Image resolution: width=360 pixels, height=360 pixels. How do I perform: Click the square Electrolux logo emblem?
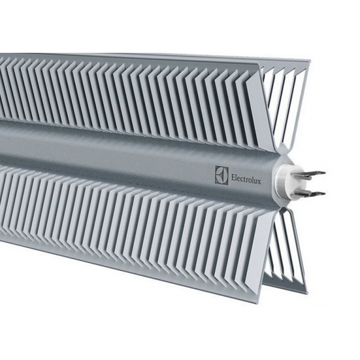click(x=222, y=175)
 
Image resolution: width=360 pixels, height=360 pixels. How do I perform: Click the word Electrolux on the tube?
click(x=246, y=179)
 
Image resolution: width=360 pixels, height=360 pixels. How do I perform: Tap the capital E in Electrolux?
click(x=233, y=178)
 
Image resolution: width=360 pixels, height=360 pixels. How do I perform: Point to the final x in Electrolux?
click(x=259, y=181)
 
